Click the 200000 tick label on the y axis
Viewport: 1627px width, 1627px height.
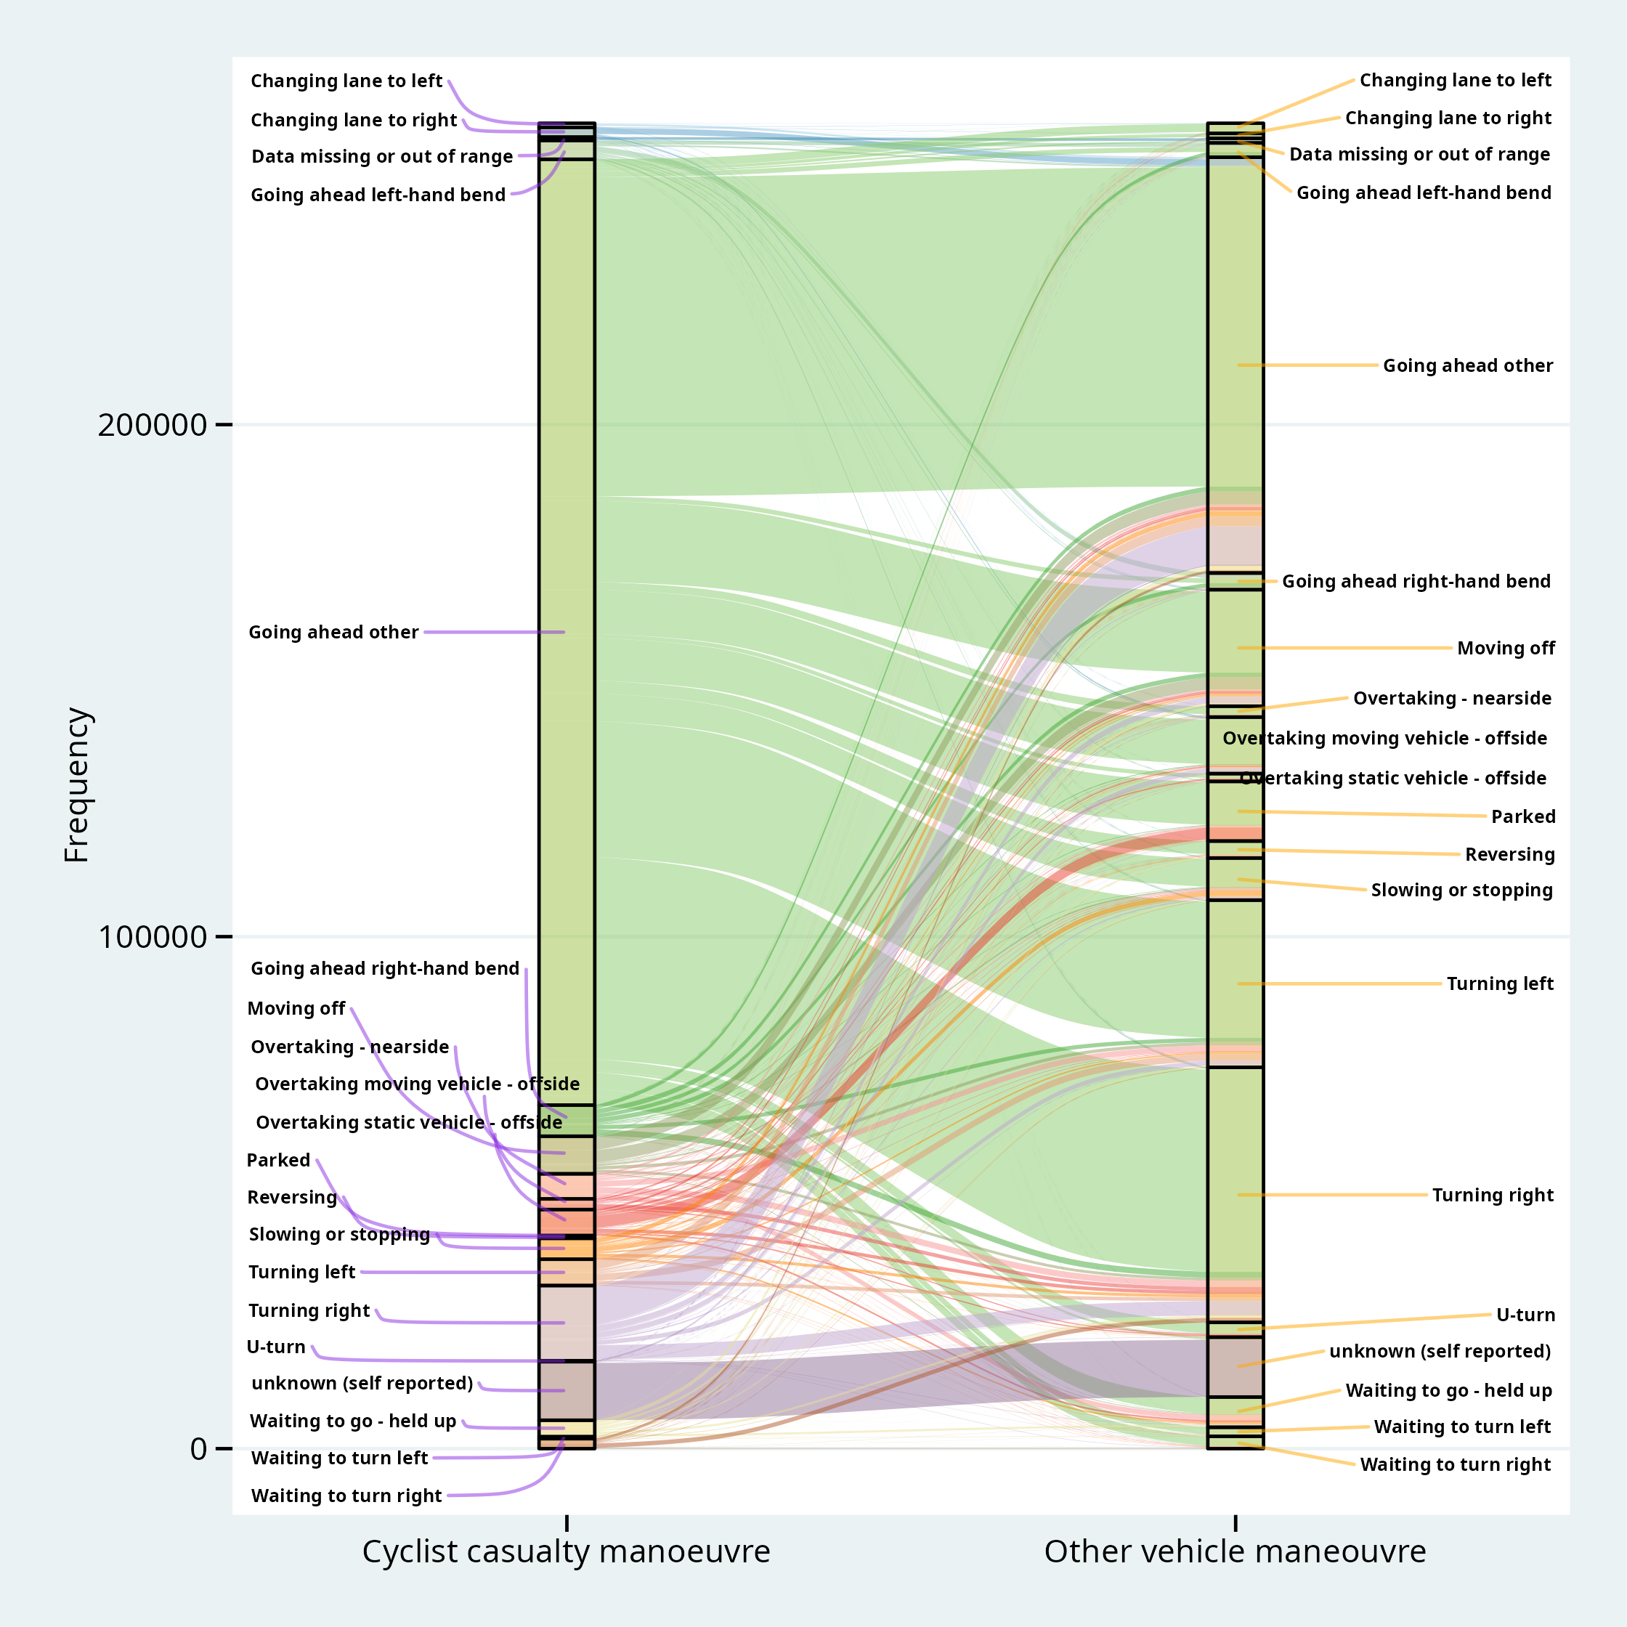(152, 424)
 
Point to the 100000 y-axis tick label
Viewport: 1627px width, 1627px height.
(152, 936)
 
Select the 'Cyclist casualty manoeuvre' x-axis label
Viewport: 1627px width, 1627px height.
(566, 1551)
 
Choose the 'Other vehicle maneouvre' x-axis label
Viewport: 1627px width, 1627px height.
(1235, 1551)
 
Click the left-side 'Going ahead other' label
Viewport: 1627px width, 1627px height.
(333, 633)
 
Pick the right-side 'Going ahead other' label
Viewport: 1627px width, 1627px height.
(1468, 365)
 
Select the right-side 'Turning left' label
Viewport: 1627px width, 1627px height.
(1500, 983)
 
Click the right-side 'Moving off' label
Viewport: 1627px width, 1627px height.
(1506, 649)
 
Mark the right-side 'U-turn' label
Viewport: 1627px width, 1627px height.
(1525, 1315)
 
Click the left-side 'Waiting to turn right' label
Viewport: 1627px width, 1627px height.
(346, 1496)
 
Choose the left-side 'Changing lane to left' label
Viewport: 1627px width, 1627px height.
(346, 81)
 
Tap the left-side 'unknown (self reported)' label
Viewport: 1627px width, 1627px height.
(362, 1384)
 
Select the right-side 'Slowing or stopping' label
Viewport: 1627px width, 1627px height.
(1461, 890)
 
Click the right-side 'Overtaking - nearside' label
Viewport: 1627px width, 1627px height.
(1452, 698)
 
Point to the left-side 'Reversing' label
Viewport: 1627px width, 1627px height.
(291, 1198)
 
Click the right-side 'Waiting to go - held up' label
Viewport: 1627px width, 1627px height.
(1448, 1390)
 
